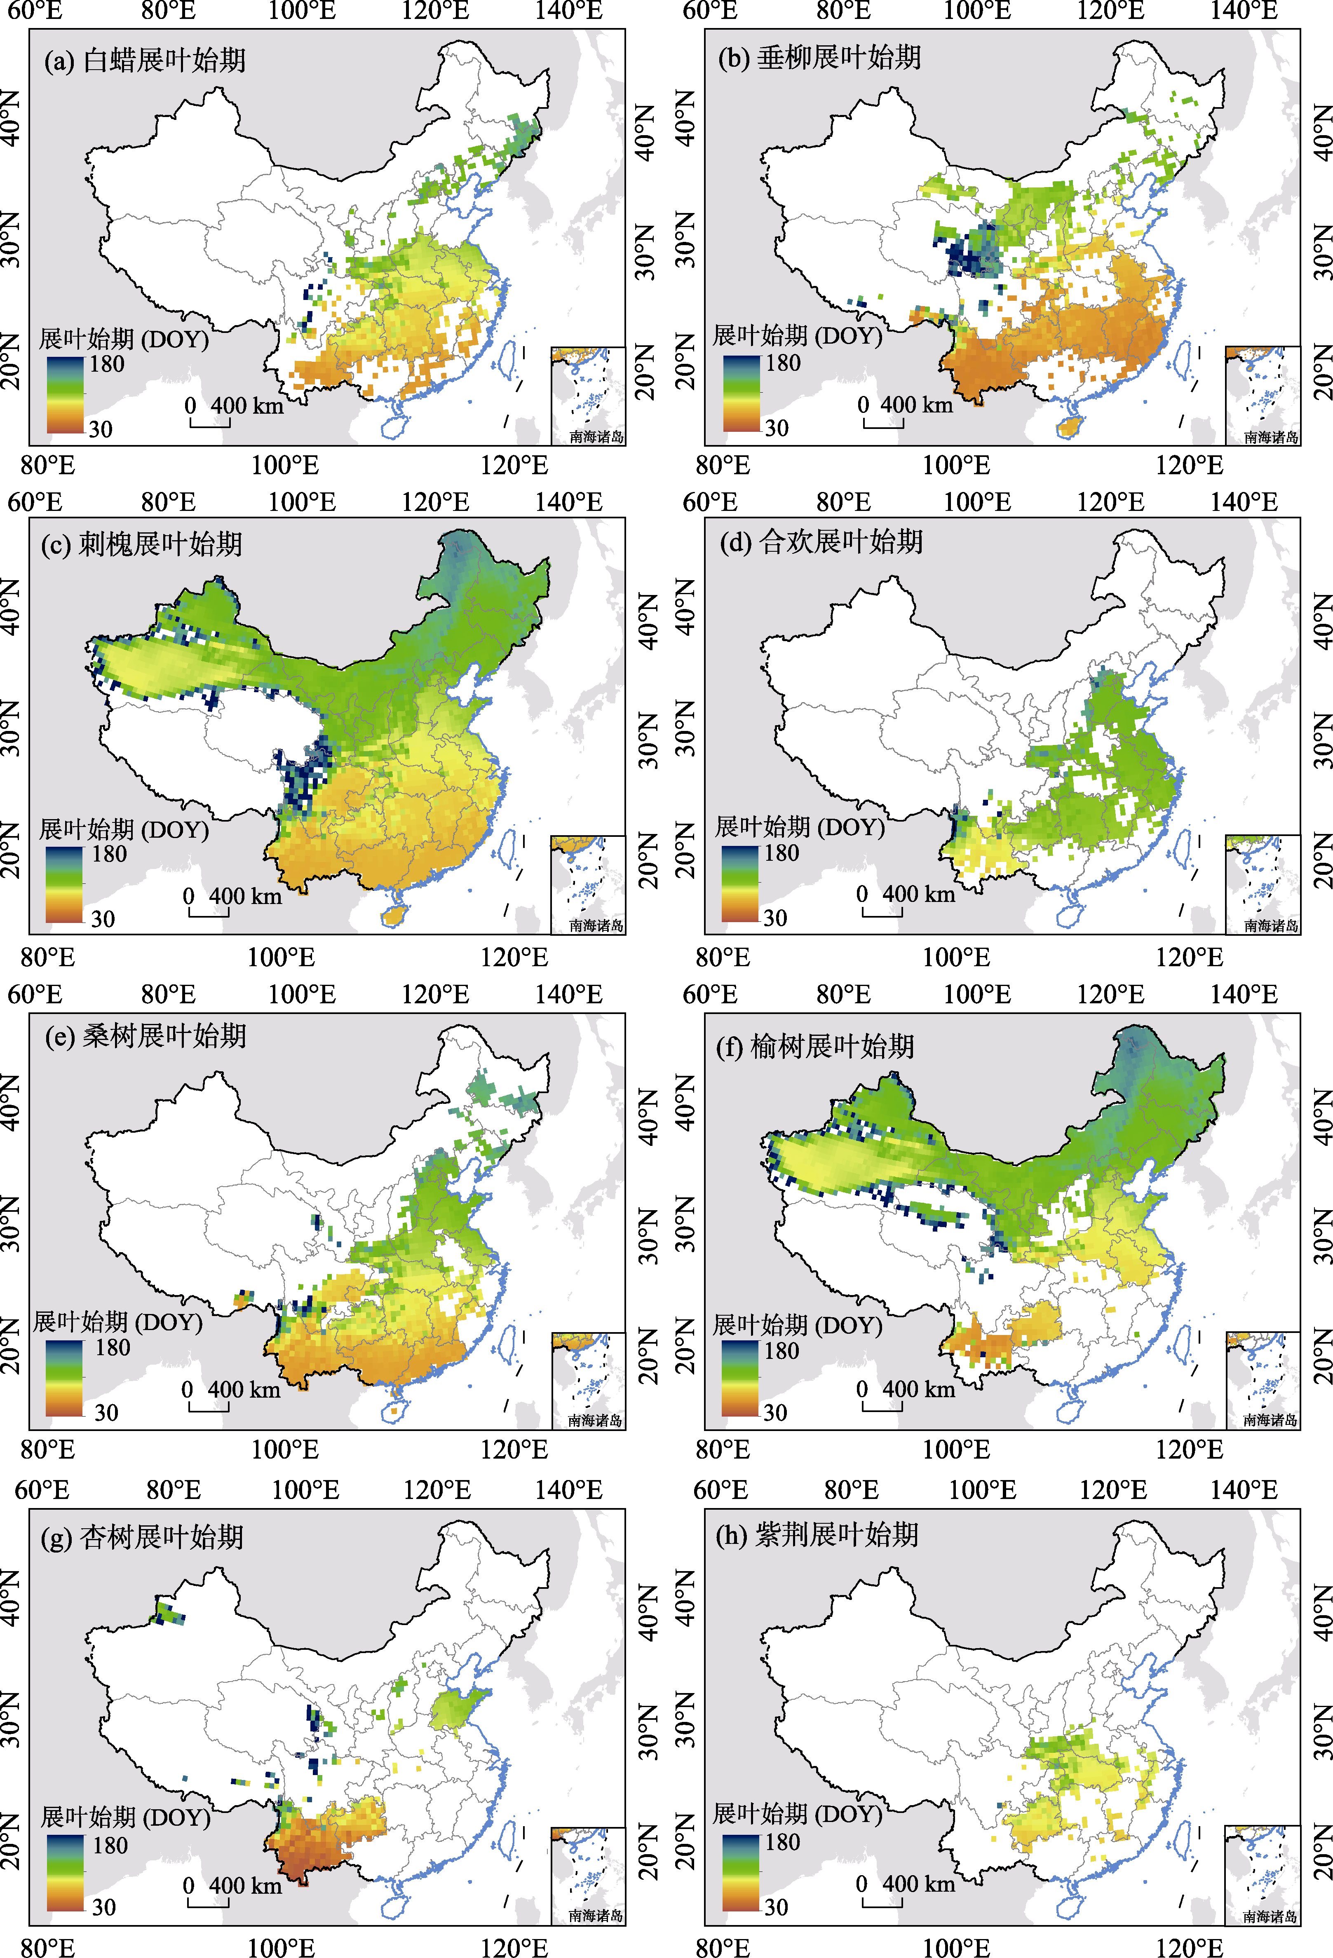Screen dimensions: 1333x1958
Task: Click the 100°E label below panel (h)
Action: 956,1947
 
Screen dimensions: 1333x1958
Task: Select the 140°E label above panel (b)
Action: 1244,11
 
